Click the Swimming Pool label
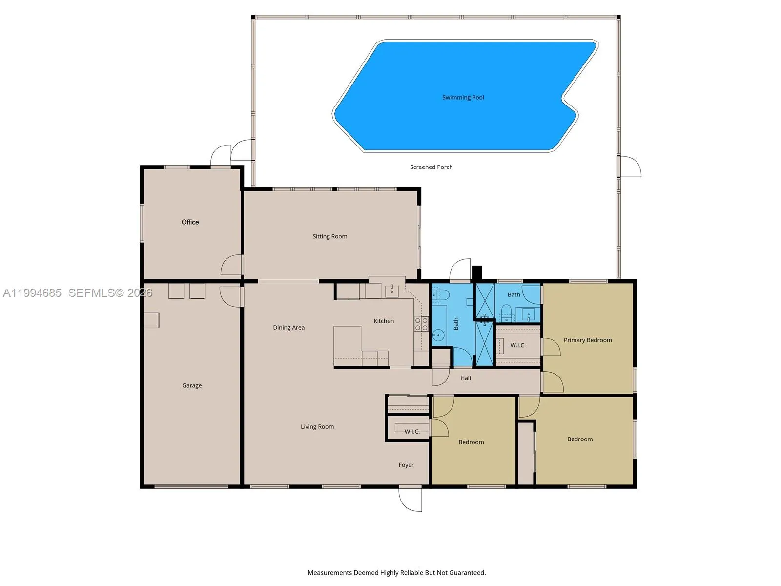pos(463,97)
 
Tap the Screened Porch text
pos(431,167)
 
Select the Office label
pos(190,222)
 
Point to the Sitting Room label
pos(329,236)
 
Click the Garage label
pos(192,385)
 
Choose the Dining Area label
pos(288,327)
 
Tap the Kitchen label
pos(383,321)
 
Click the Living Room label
pos(317,426)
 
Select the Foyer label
pos(406,465)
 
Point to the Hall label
pos(465,378)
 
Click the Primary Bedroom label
pos(587,340)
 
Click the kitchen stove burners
pos(421,324)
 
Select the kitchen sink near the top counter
pos(392,291)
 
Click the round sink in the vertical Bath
pos(438,335)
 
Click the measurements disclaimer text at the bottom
pos(396,572)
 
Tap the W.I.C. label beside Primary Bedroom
pos(517,345)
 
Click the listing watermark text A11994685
pos(32,293)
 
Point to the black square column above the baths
pos(477,272)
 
